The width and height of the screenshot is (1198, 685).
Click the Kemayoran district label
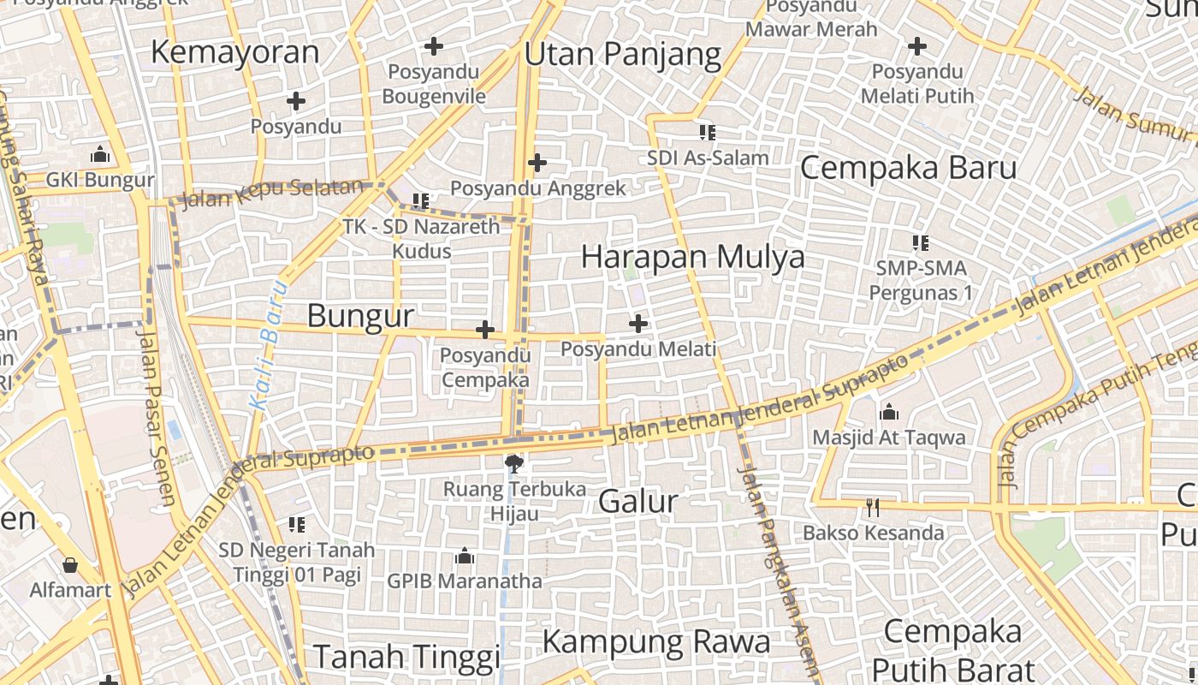click(x=234, y=52)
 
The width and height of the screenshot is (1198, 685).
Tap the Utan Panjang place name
click(x=623, y=55)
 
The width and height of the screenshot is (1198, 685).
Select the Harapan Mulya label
click(x=692, y=257)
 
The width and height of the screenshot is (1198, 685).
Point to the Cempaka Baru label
click(x=908, y=168)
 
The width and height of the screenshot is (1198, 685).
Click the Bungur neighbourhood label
click(x=360, y=316)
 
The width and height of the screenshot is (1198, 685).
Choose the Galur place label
click(x=638, y=502)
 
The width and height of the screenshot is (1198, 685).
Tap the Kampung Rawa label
click(x=656, y=641)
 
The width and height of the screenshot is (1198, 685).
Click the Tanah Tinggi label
click(x=406, y=658)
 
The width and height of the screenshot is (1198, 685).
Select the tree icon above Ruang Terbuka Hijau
click(x=514, y=464)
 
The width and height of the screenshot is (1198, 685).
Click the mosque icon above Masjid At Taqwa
click(x=889, y=413)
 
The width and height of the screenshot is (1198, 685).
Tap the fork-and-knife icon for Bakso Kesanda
click(x=872, y=508)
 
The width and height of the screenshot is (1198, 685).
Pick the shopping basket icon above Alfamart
click(x=70, y=565)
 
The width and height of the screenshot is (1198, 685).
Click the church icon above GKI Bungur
click(x=100, y=155)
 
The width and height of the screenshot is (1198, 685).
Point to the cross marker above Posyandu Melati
click(x=638, y=324)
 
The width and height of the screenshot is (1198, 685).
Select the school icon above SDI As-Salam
click(x=707, y=132)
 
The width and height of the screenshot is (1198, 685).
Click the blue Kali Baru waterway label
click(x=266, y=343)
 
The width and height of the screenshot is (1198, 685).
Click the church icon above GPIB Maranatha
click(x=465, y=557)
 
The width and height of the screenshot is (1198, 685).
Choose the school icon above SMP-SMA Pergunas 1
click(x=921, y=242)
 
